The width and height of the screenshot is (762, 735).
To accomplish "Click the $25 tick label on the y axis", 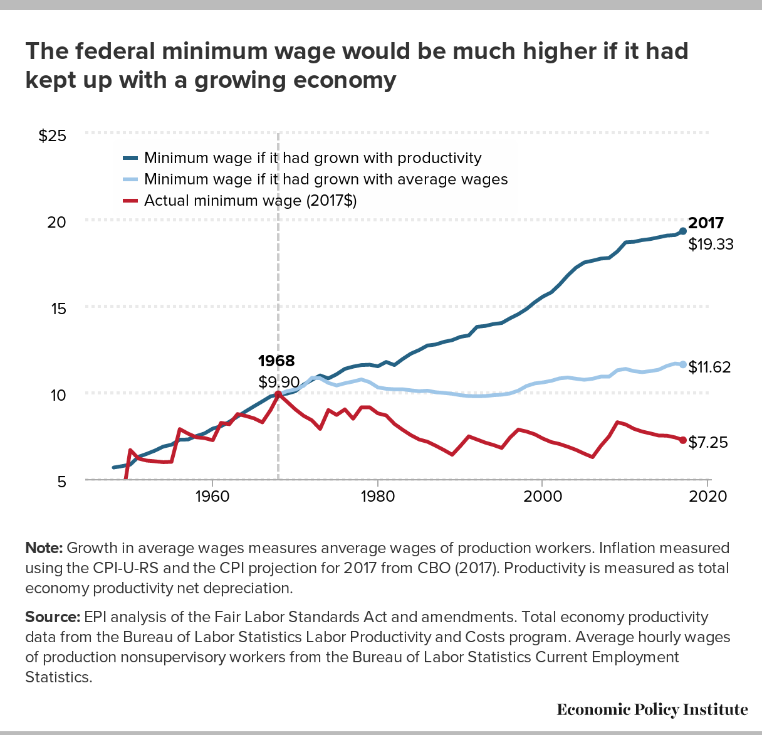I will tap(53, 136).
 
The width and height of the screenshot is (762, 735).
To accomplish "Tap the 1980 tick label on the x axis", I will tap(377, 497).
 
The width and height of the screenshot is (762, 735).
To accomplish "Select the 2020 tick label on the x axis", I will tap(707, 497).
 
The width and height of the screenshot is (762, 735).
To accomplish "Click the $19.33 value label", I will tap(711, 245).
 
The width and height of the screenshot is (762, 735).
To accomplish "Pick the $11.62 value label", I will tap(709, 367).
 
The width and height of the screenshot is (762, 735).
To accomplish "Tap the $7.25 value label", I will tap(708, 443).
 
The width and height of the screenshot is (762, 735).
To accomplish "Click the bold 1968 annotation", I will tap(276, 361).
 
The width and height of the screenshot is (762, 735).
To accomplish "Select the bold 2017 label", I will tap(706, 223).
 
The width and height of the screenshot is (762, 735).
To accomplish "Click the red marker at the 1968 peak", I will tap(278, 394).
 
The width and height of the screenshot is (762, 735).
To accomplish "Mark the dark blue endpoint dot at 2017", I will tap(683, 231).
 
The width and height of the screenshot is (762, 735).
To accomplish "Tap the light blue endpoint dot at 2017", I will tap(683, 364).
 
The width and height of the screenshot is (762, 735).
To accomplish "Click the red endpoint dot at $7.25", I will tap(683, 440).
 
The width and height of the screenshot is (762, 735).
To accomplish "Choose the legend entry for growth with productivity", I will tap(313, 158).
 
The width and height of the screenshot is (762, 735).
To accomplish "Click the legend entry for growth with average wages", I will tap(326, 179).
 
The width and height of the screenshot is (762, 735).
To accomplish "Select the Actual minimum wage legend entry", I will tap(250, 201).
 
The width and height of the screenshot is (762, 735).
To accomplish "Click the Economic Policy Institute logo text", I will tap(652, 709).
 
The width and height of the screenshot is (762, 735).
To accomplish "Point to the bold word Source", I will tap(53, 617).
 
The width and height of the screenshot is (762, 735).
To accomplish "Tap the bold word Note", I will tap(44, 548).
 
